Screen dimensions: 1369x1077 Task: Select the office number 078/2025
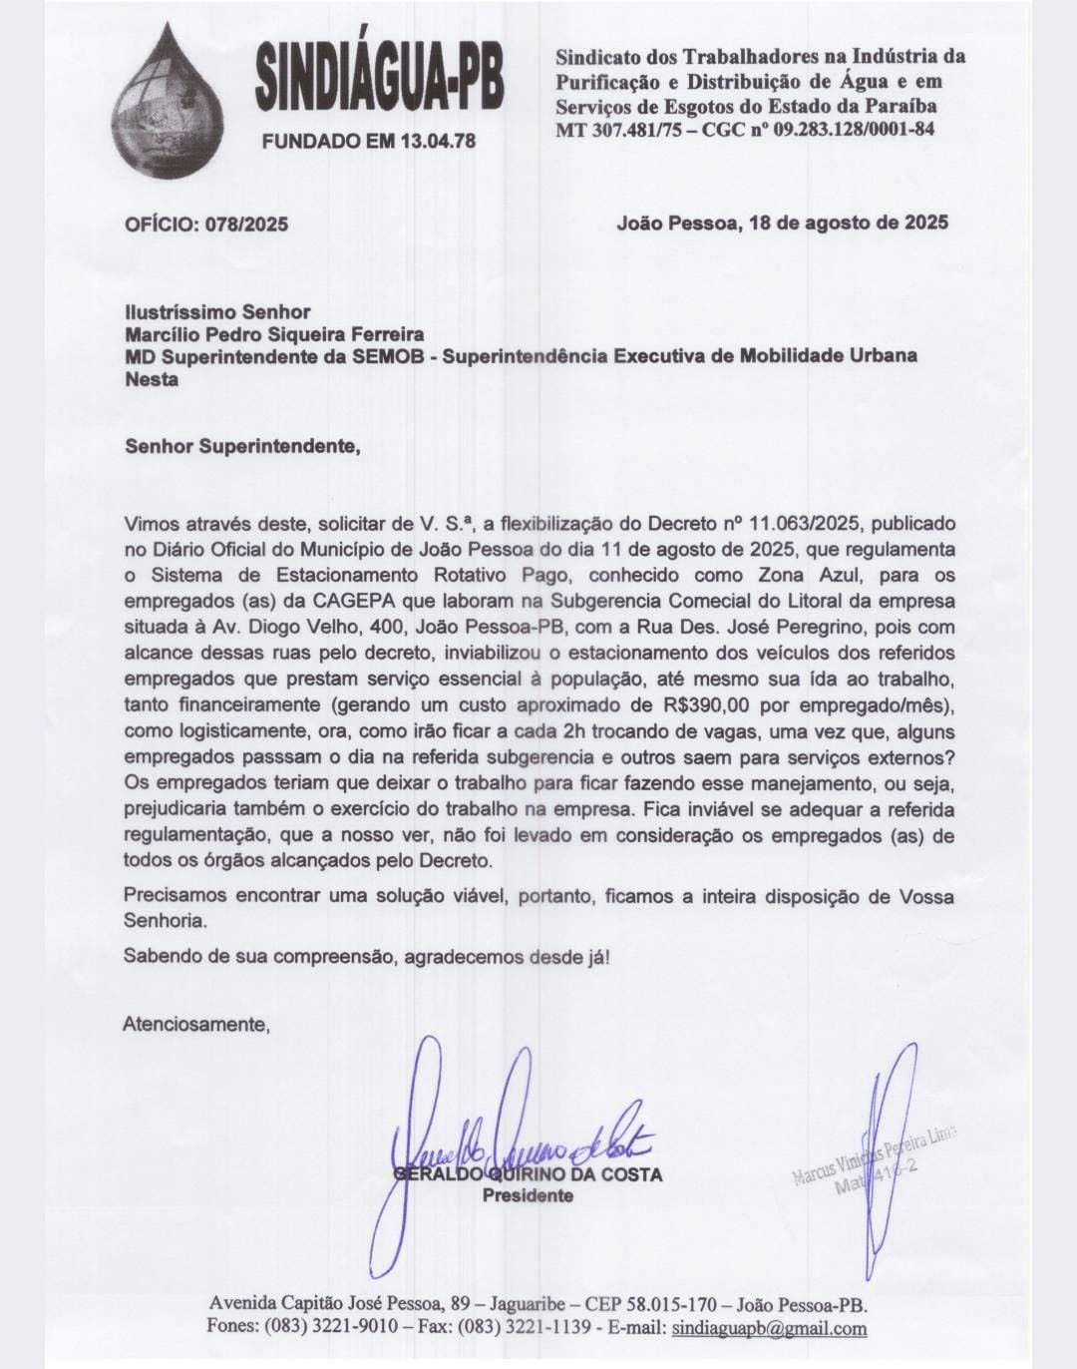pos(247,224)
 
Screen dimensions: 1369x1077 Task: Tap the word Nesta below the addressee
pos(152,379)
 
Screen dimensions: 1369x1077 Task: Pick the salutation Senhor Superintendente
pos(241,446)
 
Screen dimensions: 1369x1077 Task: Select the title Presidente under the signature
pos(529,1195)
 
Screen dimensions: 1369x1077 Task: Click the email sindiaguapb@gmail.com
pos(769,1328)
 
